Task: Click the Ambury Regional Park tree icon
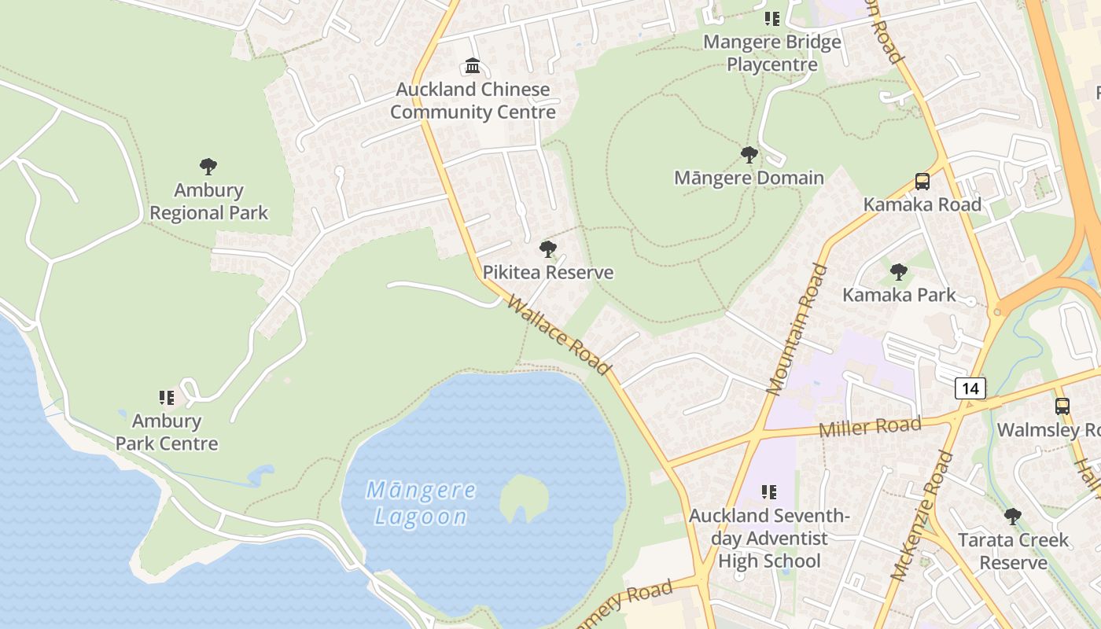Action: [208, 167]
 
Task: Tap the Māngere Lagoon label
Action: [421, 503]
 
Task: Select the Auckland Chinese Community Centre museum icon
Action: [473, 65]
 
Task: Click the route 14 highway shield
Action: [970, 388]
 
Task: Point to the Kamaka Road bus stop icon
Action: [922, 182]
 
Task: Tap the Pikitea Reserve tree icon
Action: [548, 250]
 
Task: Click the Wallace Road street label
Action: [559, 335]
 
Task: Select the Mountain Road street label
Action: [797, 329]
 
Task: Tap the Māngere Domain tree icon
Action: [749, 155]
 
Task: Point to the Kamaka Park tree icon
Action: [899, 273]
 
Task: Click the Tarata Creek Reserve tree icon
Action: [1013, 517]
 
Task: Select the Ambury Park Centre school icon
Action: [166, 398]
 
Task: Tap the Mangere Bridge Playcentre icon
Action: [771, 19]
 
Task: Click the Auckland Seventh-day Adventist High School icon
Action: [768, 492]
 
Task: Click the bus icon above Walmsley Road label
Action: [1062, 406]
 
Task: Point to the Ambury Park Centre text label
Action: [167, 432]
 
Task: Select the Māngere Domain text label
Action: [749, 178]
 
